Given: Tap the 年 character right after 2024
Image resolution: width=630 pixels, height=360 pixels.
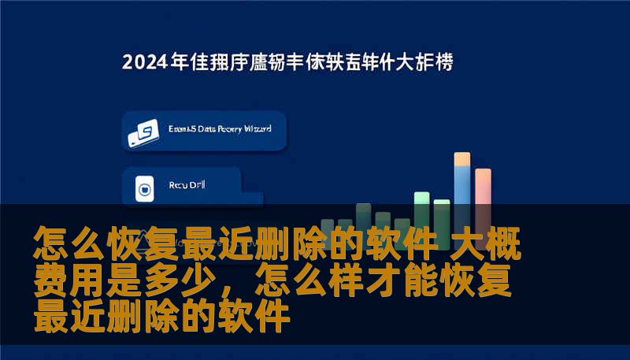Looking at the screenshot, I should [180, 63].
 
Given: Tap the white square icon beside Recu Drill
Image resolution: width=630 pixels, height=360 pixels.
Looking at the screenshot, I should [143, 189].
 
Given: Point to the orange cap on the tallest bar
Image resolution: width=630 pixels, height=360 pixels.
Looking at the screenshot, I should [462, 158].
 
